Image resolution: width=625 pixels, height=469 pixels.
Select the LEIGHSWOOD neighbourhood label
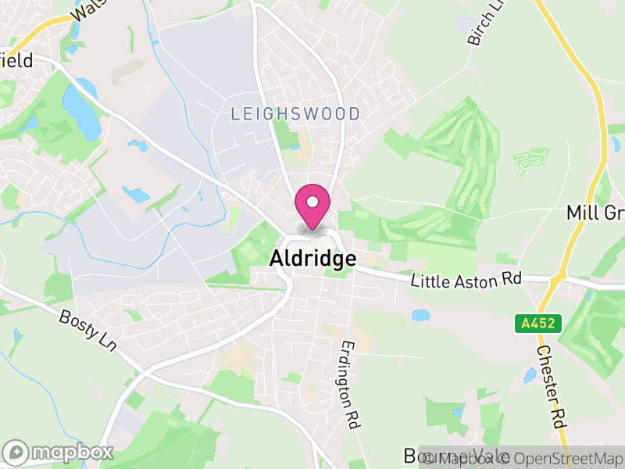tap(295, 114)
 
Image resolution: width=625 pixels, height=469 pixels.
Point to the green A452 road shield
tap(528, 321)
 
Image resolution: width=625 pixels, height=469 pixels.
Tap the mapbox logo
tap(59, 452)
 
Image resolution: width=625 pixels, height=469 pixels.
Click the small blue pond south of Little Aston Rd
tap(420, 315)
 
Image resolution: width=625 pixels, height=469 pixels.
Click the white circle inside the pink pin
tap(312, 202)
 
